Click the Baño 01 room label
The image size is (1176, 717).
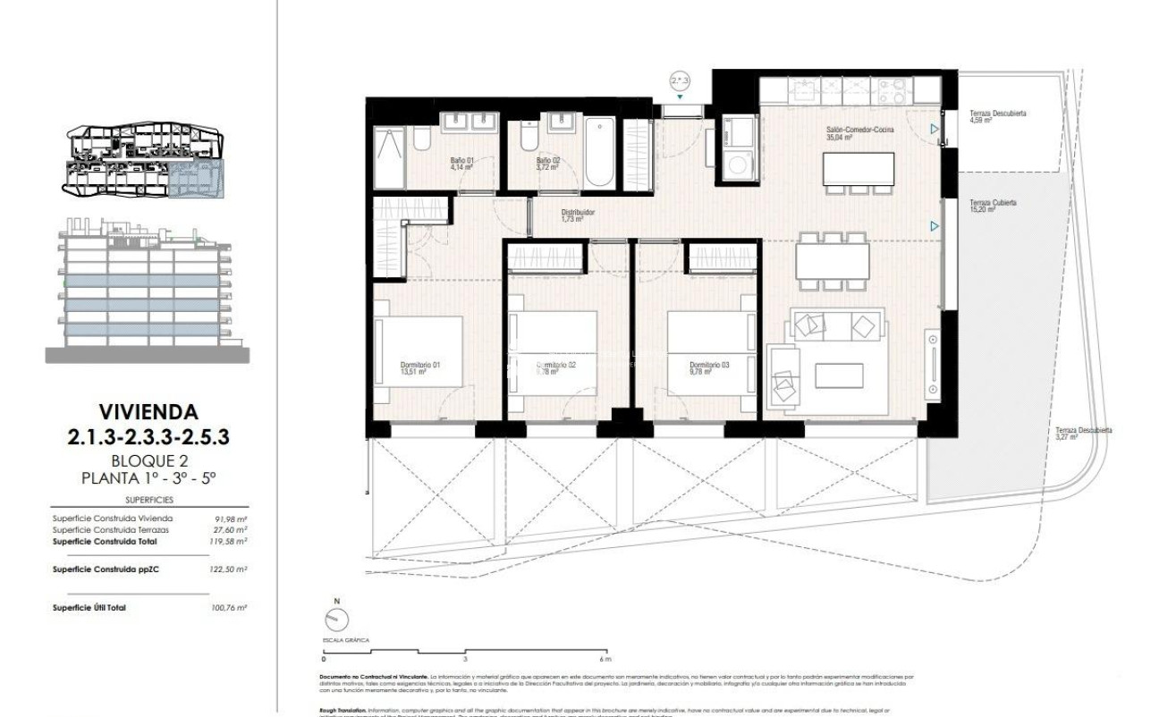coord(461,164)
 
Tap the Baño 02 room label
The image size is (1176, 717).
coord(549,164)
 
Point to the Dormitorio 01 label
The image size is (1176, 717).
coord(419,368)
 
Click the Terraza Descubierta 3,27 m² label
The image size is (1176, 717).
coord(1083,434)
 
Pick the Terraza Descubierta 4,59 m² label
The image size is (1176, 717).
coord(997,117)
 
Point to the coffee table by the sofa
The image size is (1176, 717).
coord(839,376)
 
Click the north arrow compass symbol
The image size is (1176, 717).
coord(336,618)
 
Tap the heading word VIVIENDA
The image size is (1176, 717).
coord(147,412)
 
